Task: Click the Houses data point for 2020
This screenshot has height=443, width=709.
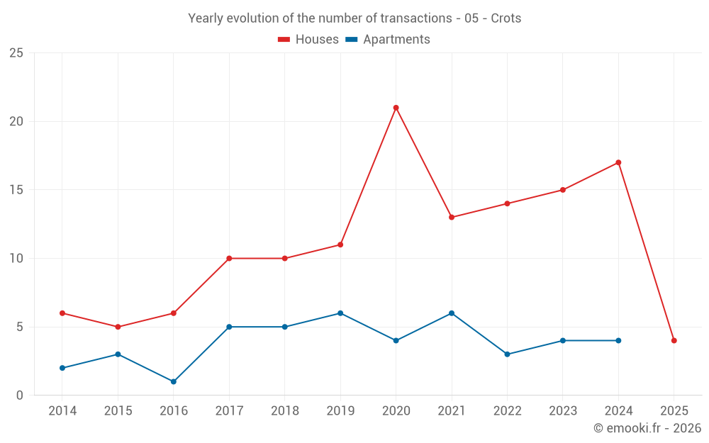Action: tap(396, 108)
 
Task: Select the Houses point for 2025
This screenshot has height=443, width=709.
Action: tap(674, 340)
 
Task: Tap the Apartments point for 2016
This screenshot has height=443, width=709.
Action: tap(174, 381)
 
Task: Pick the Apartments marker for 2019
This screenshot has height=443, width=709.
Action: tap(340, 313)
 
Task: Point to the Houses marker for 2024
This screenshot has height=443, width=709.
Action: tap(618, 162)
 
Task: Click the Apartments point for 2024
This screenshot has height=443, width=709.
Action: tap(618, 340)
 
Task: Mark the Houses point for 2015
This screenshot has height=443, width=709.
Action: tap(118, 327)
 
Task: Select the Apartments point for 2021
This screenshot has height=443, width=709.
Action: tap(452, 313)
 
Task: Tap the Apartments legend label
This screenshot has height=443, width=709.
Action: tap(396, 40)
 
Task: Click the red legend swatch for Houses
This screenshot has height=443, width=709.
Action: tap(284, 40)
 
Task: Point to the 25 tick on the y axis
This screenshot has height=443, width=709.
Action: tap(16, 53)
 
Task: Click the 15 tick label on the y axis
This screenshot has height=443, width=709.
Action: tap(16, 190)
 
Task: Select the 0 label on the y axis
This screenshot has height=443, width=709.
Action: tap(20, 395)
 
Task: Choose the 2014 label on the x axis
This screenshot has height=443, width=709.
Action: tap(62, 410)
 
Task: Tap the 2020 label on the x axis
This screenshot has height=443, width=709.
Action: tap(396, 410)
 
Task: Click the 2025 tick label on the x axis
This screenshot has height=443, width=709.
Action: tap(674, 410)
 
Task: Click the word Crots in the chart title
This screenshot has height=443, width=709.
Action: tap(506, 18)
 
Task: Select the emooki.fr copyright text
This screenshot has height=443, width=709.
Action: tap(647, 428)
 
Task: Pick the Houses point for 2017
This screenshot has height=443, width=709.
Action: tap(229, 258)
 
